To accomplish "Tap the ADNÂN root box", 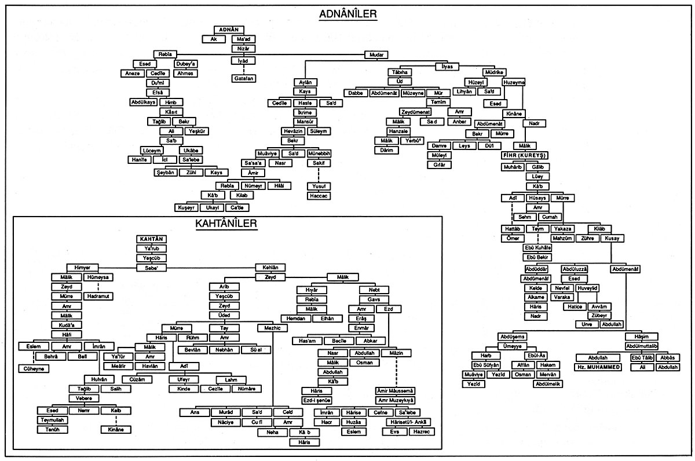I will click(230, 30).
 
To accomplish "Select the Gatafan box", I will click(244, 78).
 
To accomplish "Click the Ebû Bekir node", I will click(538, 257).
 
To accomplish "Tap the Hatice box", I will click(576, 306).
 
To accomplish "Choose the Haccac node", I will click(318, 196).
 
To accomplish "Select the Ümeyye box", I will click(513, 346).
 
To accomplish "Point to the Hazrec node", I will click(422, 431).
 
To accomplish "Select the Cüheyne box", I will click(35, 368).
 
